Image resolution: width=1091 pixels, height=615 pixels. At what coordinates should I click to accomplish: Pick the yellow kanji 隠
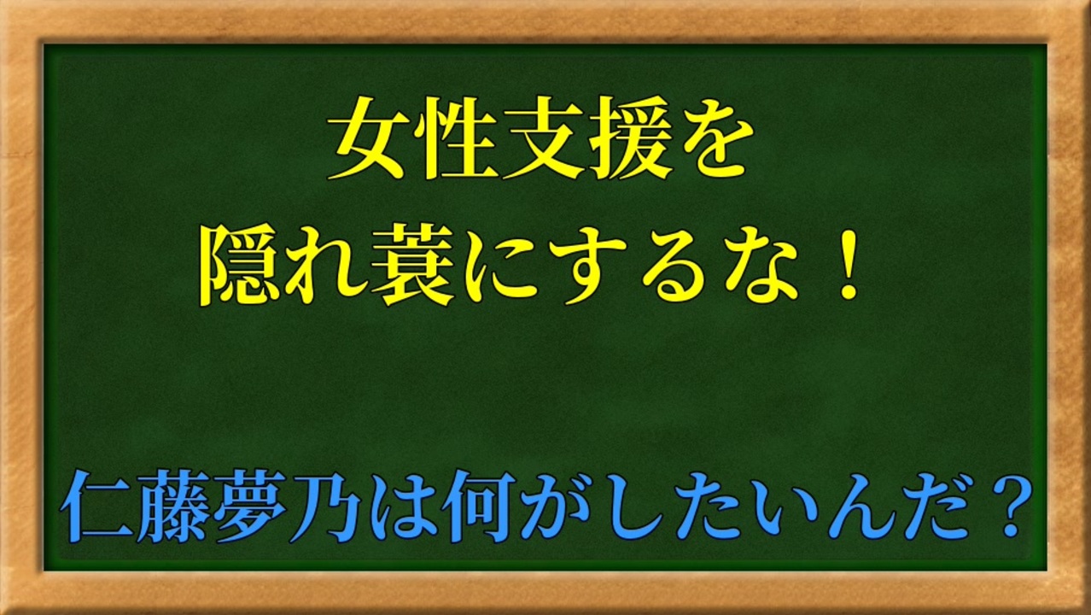point(241,269)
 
